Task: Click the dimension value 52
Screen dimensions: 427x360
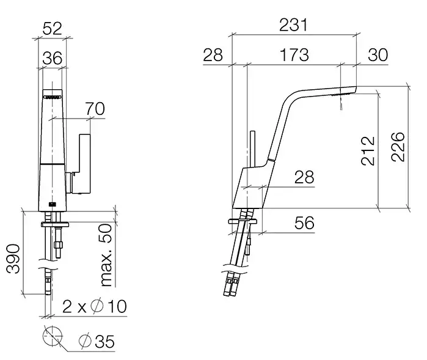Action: tap(53, 28)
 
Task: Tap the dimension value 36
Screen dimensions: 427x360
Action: tap(53, 58)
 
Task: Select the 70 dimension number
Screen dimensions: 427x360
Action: tap(95, 108)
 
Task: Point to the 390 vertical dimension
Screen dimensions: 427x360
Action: tap(13, 259)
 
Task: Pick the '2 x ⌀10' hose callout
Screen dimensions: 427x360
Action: tap(95, 306)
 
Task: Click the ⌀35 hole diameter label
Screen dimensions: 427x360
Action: tap(97, 341)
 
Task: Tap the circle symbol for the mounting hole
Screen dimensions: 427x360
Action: tap(53, 336)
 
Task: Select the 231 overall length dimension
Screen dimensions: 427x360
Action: tap(294, 25)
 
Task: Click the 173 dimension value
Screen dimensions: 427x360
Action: tap(294, 55)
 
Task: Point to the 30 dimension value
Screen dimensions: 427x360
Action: tap(378, 55)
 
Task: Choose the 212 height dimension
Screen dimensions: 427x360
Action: tap(368, 151)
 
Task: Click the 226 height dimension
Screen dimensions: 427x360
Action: tap(398, 147)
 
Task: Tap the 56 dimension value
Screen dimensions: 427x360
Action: tap(304, 222)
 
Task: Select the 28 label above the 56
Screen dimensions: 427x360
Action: tap(304, 177)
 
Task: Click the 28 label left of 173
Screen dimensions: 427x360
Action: tap(213, 55)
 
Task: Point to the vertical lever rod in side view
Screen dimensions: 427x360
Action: tap(252, 149)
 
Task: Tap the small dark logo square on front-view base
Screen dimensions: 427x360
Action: tap(52, 204)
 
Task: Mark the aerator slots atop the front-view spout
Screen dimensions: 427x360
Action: tap(52, 97)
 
